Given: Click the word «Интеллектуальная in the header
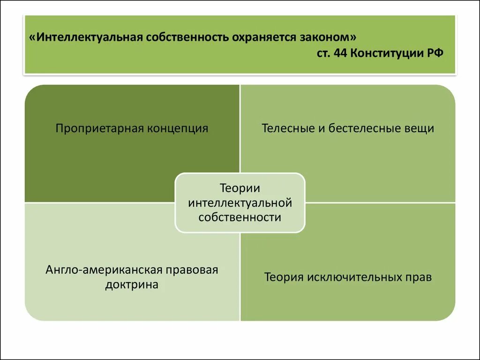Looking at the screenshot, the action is pyautogui.click(x=89, y=37).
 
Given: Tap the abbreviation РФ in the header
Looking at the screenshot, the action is pyautogui.click(x=434, y=53).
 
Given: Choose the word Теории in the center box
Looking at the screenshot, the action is pyautogui.click(x=240, y=188).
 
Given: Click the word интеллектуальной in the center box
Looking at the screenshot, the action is pyautogui.click(x=240, y=203).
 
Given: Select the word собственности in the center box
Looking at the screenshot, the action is pyautogui.click(x=240, y=217).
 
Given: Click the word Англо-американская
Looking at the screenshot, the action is pyautogui.click(x=104, y=270).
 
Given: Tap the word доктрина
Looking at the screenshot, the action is pyautogui.click(x=132, y=285).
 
